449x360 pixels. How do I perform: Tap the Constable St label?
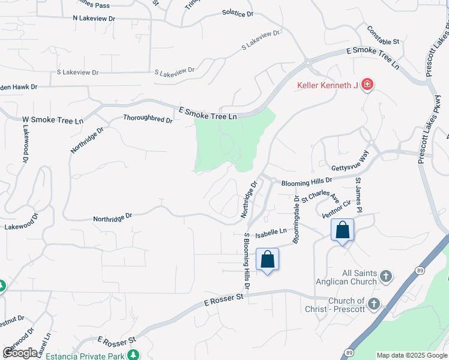point(384,41)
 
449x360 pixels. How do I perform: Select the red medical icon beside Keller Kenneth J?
point(366,85)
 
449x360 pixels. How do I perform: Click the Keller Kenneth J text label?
point(328,85)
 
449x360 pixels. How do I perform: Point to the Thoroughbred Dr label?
point(148,119)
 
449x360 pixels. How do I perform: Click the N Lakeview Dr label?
point(94,19)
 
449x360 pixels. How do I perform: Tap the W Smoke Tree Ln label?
point(53,120)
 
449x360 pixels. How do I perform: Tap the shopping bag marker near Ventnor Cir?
point(342,230)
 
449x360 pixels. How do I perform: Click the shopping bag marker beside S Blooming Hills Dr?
point(268,260)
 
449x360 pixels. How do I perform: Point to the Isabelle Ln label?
point(271,232)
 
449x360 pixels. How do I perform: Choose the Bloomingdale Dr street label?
point(296,219)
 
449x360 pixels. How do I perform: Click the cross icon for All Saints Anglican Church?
point(386,277)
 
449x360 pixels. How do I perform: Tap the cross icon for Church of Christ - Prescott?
point(374,304)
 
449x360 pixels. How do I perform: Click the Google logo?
point(20,353)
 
